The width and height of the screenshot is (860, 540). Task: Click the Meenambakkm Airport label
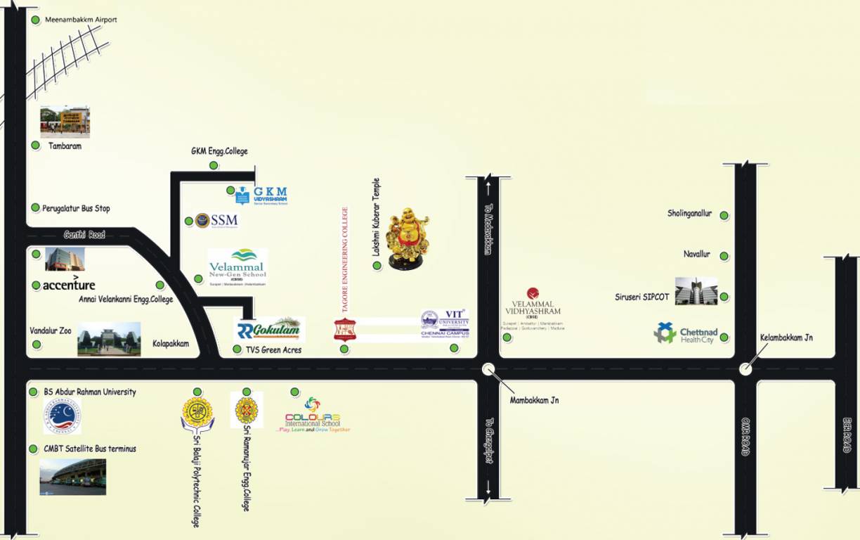click(81, 20)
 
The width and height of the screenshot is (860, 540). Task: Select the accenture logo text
click(68, 285)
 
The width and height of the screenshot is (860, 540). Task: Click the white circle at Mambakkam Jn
click(489, 369)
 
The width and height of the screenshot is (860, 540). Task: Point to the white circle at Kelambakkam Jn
click(745, 369)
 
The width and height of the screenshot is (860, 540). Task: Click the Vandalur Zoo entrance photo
click(109, 339)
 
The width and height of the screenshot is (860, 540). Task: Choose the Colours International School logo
click(313, 415)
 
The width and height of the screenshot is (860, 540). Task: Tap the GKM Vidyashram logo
click(261, 195)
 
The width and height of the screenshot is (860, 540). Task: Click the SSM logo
click(216, 220)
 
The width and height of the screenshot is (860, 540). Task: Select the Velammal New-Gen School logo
click(237, 267)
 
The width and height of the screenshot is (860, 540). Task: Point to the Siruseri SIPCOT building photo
click(696, 290)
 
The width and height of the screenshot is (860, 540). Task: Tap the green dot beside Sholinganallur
click(724, 215)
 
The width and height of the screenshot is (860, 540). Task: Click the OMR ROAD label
click(745, 437)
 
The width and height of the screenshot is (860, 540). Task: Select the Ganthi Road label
click(84, 235)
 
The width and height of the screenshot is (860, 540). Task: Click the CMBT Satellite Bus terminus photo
click(72, 477)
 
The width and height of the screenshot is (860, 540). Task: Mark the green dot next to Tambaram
click(35, 146)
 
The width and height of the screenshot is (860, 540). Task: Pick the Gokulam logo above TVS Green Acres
click(269, 329)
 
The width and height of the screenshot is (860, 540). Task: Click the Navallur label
click(696, 254)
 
